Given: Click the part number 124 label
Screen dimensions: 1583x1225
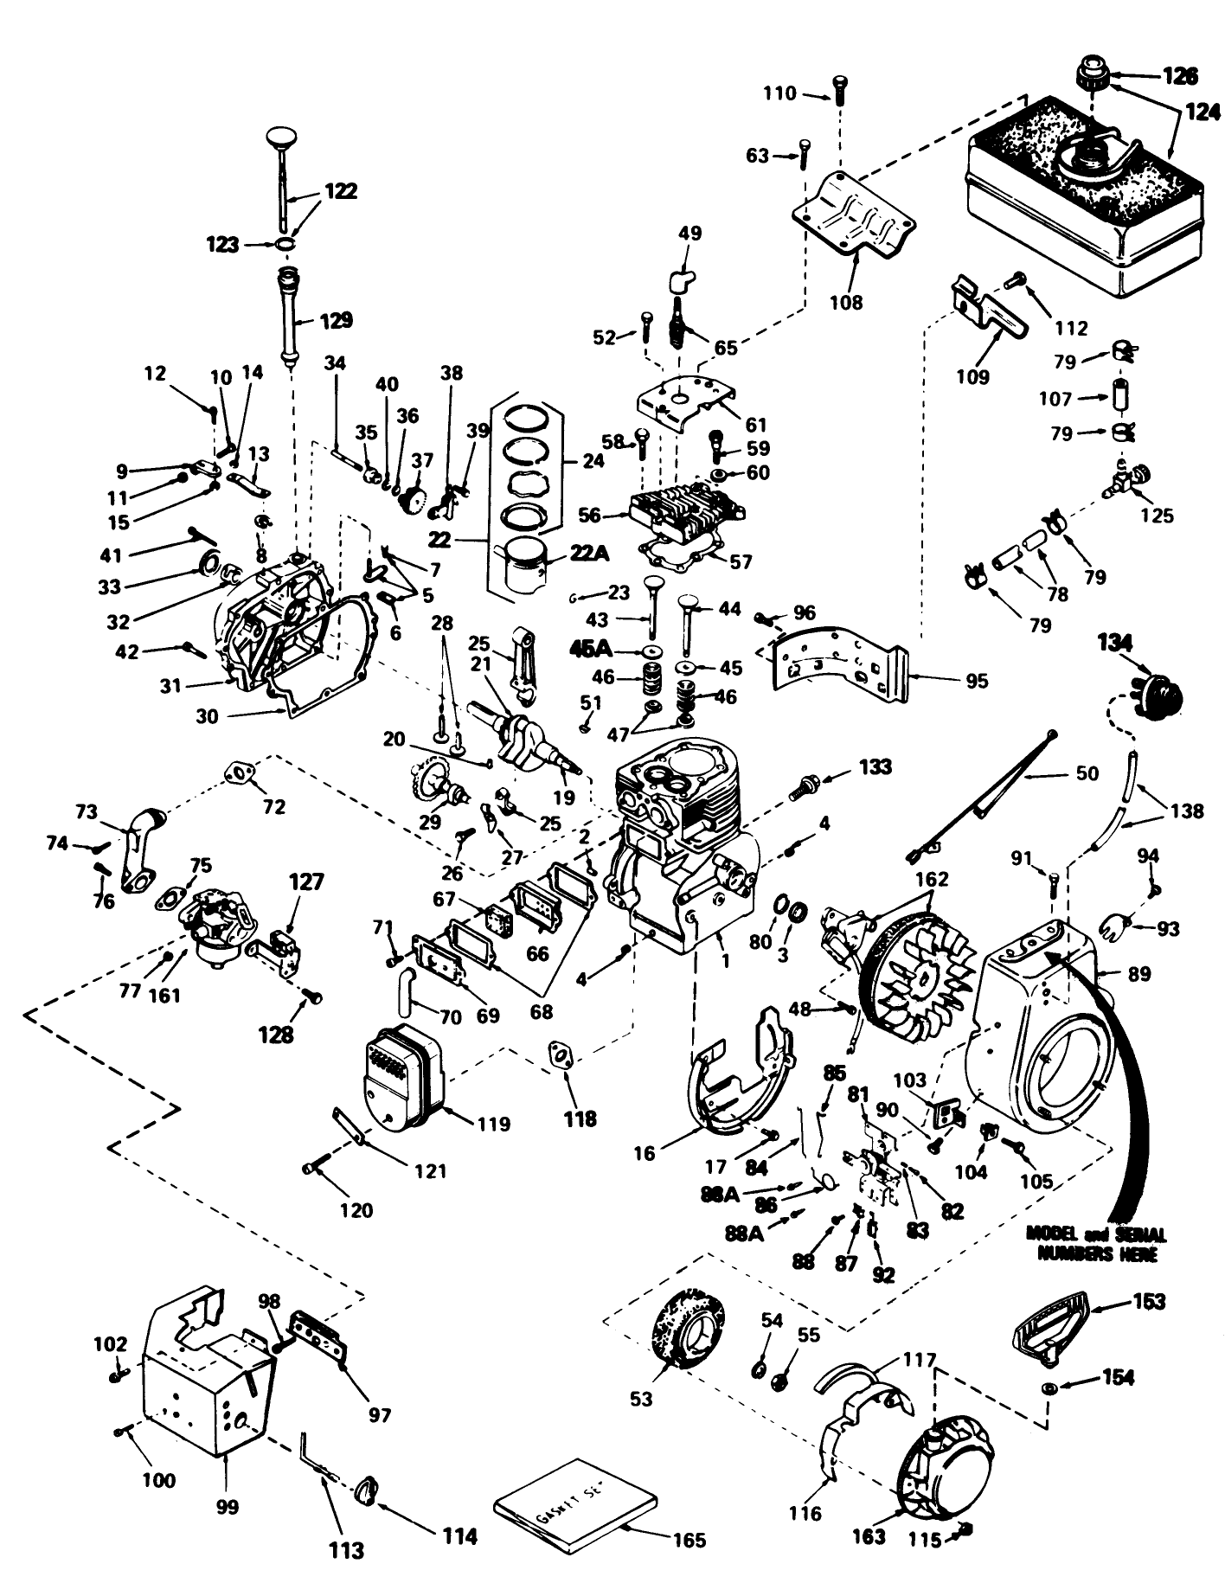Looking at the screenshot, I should [1201, 112].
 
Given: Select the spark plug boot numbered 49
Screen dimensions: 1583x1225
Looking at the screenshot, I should [683, 281].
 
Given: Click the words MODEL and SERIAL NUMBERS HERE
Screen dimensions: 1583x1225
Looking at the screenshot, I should [1095, 1243].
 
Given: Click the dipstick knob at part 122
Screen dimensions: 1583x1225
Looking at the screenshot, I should [282, 138].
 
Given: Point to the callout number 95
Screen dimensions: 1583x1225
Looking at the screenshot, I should [976, 681].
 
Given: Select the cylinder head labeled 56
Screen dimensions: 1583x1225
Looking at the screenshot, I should [683, 515].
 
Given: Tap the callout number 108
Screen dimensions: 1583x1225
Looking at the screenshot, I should [845, 302].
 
